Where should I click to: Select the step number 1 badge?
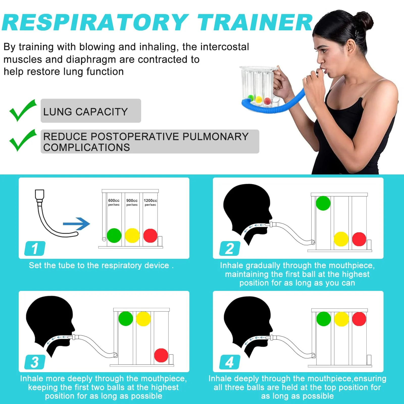[35, 248]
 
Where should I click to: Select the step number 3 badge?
[35, 362]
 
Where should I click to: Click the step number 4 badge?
[230, 362]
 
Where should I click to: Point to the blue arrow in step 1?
[76, 224]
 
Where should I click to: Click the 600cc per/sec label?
[114, 202]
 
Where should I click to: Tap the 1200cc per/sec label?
[150, 202]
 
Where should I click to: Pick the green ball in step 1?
[114, 236]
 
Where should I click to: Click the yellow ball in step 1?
[132, 236]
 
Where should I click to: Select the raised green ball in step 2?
[323, 203]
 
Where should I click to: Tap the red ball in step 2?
[359, 239]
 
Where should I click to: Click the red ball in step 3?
[161, 355]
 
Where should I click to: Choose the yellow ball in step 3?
[143, 319]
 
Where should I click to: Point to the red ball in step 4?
[359, 319]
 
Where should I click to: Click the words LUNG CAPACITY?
[86, 112]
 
